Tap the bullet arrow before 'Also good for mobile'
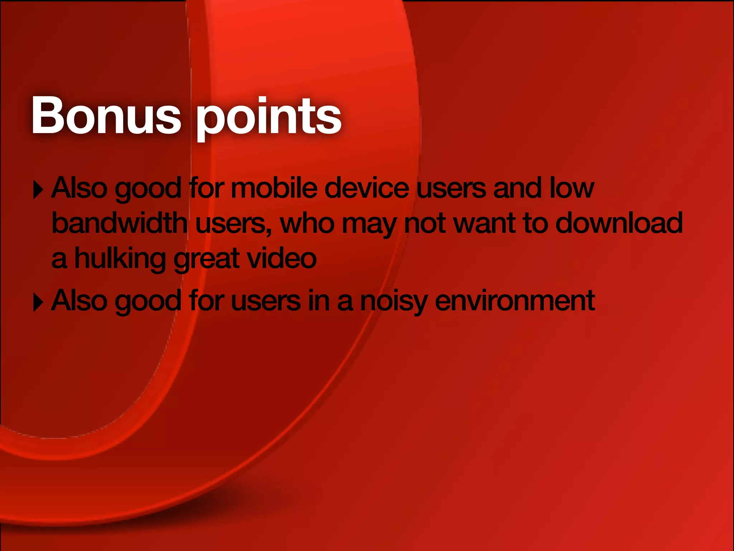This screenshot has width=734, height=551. click(38, 189)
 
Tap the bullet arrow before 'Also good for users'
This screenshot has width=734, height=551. click(38, 302)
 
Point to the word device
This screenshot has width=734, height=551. click(366, 188)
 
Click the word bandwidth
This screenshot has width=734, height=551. click(119, 223)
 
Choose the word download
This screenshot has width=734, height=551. click(619, 223)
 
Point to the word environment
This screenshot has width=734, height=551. click(515, 301)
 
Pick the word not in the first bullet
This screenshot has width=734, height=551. click(424, 223)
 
